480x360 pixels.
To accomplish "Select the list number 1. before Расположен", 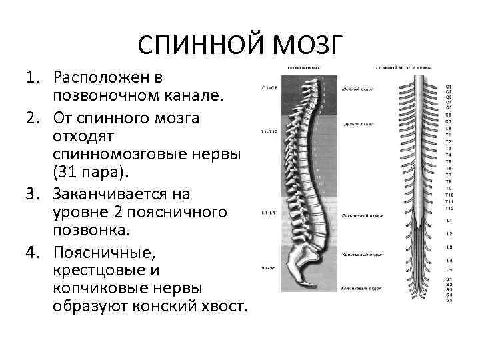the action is pos(35,79).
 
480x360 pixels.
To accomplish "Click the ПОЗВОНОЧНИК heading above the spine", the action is pos(303,68).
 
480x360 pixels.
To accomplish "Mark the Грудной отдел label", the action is pos(357,124).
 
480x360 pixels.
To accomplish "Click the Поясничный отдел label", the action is pos(361,216).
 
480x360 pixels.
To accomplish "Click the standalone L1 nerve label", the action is pos(449,219).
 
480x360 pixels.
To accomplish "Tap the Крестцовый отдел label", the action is pos(361,255).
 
